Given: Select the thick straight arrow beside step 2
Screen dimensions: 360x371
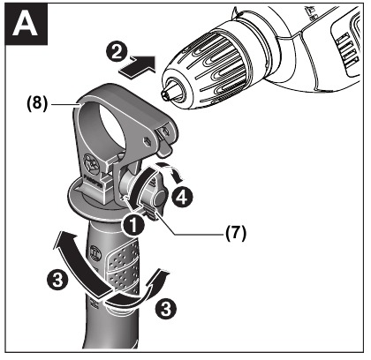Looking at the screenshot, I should [x=141, y=64].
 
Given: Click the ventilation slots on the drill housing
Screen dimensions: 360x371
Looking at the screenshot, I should [x=341, y=35].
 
